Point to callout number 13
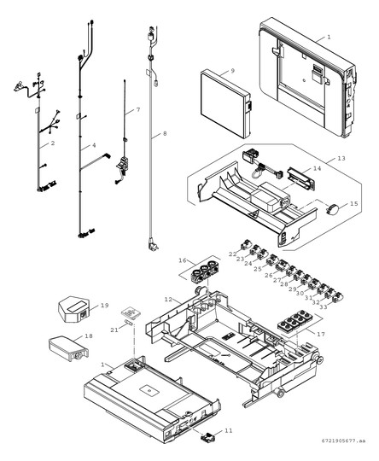pos(341,158)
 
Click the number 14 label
pos(317,169)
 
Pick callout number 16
pos(182,260)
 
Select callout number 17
pos(322,333)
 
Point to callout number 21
pos(113,330)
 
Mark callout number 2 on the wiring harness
pos(52,144)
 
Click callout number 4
pos(94,146)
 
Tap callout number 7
pos(137,111)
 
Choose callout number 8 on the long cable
pos(165,134)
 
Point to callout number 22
pos(231,254)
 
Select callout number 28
pos(283,283)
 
